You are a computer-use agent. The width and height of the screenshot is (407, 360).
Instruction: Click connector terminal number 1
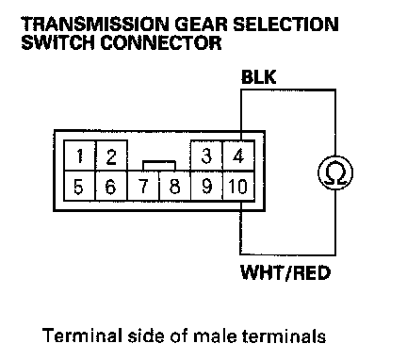(x=79, y=155)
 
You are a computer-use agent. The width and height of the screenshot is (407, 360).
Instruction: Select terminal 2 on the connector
(x=111, y=155)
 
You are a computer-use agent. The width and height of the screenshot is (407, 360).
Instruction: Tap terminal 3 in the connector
(x=206, y=155)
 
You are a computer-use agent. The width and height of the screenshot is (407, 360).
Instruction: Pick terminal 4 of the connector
(x=238, y=155)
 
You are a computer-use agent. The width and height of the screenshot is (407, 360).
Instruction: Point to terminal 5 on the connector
(x=79, y=186)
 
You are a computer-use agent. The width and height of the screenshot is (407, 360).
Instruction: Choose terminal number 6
(x=111, y=186)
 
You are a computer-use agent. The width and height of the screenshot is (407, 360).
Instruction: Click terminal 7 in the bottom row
(x=143, y=186)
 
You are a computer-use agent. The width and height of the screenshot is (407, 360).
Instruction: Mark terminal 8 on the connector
(x=175, y=186)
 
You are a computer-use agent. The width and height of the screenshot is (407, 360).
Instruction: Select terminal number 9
(x=206, y=186)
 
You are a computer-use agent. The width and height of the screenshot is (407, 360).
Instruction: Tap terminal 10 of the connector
(x=238, y=186)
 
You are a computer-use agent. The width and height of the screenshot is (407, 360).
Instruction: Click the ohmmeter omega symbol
(x=335, y=172)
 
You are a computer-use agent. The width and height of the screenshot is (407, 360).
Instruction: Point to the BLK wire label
(x=258, y=77)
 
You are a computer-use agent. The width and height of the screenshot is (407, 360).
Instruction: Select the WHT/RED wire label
(x=285, y=272)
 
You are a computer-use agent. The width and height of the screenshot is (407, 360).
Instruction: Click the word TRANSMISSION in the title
(x=95, y=25)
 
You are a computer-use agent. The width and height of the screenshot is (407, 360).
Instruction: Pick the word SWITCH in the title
(x=57, y=42)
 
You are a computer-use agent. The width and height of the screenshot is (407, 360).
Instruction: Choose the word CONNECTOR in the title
(x=161, y=42)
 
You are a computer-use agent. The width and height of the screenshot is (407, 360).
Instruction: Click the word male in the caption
(x=215, y=335)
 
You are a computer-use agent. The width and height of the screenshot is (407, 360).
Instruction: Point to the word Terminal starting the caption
(x=82, y=335)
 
